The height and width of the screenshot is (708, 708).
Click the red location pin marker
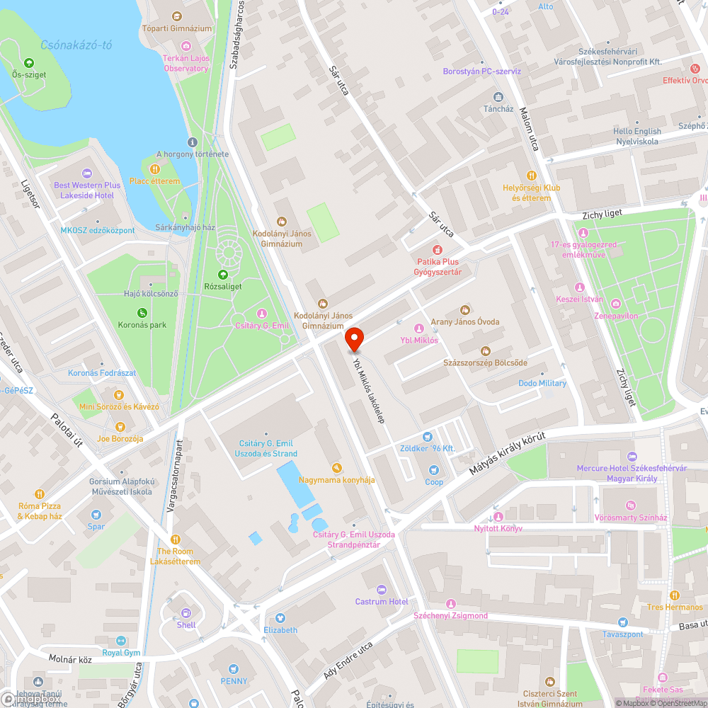pos(354,339)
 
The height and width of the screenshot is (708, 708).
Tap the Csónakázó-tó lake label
pos(76,45)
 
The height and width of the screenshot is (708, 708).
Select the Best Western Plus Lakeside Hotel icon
pos(87,173)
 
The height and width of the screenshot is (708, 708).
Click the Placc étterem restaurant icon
pos(154,169)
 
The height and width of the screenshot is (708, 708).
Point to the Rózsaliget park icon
pos(223,275)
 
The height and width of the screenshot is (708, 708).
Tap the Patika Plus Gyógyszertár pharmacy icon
pos(438,250)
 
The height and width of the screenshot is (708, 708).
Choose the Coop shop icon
pos(434,470)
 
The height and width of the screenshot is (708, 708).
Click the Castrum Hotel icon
pos(382,590)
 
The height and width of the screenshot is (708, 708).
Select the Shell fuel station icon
pos(186,613)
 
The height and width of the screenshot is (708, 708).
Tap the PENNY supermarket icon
pos(234,669)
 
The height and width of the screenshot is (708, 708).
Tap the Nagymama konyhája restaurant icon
pos(336,468)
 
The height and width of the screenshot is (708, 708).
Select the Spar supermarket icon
pos(96,515)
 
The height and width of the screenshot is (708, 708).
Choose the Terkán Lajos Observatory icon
pos(186,46)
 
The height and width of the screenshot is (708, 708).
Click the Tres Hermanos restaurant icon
pos(675,595)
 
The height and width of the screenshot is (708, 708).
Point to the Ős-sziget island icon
pos(28,62)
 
